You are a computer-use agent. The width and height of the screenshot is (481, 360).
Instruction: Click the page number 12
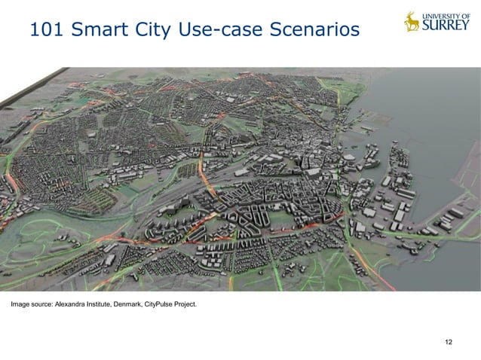pos(449,343)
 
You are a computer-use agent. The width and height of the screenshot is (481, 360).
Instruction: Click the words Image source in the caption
pos(29,305)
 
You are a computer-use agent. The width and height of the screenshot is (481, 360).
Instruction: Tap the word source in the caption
pos(41,305)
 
